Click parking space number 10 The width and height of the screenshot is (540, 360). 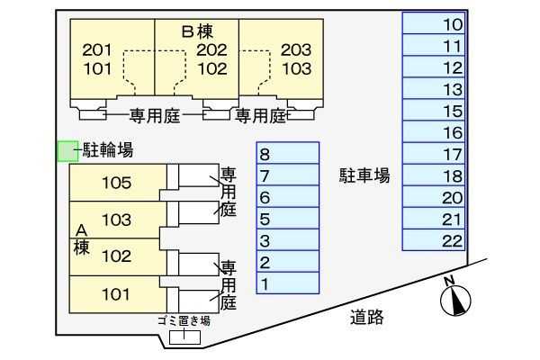tap(434, 23)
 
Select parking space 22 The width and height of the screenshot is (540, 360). tap(434, 239)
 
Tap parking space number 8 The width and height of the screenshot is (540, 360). tap(288, 153)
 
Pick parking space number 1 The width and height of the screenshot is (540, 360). tap(288, 283)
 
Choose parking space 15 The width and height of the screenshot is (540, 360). tap(434, 110)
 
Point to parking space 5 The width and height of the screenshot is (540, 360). tap(288, 218)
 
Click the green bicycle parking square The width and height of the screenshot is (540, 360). tap(67, 151)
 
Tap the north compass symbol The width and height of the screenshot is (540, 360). tap(455, 298)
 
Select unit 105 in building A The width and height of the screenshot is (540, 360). tap(118, 183)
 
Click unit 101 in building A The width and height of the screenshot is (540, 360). tap(118, 294)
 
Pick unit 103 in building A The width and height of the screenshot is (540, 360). tap(118, 220)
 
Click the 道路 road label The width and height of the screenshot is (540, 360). tap(367, 317)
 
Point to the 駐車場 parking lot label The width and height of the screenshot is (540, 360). tap(364, 175)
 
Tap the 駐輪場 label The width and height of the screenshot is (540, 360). tap(108, 150)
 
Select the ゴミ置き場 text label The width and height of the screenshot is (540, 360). tap(184, 320)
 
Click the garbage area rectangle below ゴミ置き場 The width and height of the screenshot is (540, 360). tap(184, 337)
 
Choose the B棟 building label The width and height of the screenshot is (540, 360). tap(198, 31)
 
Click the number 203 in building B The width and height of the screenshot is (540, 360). tap(296, 50)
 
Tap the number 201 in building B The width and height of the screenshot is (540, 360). tap(97, 50)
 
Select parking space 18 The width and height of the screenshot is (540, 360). tap(434, 175)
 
